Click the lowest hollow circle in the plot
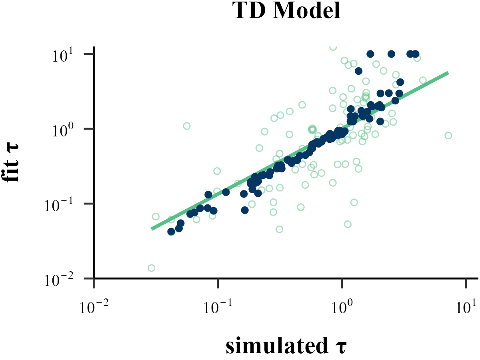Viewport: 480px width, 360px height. [x=151, y=268]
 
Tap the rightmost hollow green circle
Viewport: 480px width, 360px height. [x=448, y=135]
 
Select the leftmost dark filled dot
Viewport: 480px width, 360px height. [x=171, y=232]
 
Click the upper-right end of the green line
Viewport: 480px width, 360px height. [x=448, y=73]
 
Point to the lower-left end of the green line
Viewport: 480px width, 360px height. [x=152, y=229]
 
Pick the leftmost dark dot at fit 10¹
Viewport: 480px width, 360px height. [x=370, y=54]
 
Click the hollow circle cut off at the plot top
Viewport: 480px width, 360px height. [x=333, y=47]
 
